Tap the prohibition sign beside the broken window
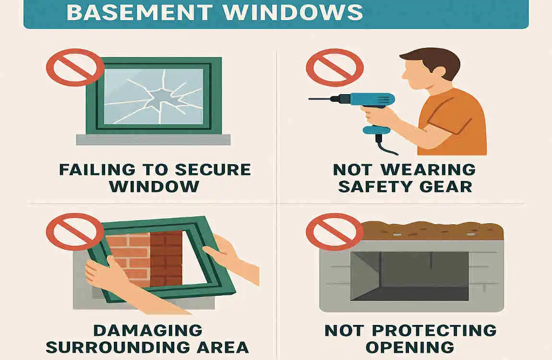(x=75, y=67)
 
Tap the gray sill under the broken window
(x=153, y=139)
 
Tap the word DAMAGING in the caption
(x=148, y=330)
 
